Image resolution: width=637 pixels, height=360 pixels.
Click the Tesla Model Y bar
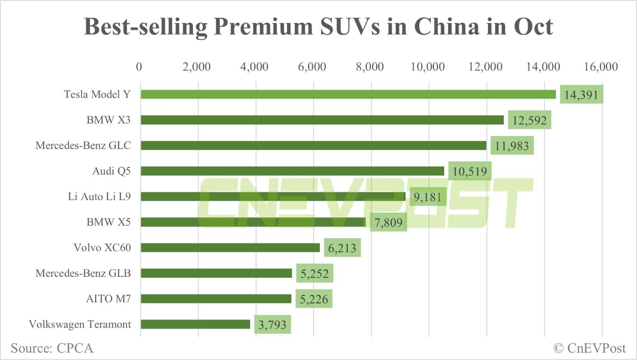point(348,94)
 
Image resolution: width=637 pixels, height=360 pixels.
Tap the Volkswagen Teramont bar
point(195,324)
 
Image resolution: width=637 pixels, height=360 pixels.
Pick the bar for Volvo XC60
point(230,247)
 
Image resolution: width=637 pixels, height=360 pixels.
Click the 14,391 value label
point(581,95)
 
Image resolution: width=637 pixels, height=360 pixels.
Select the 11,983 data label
point(512,146)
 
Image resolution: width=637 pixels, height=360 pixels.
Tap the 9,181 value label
point(428,197)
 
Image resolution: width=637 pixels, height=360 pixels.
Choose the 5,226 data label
point(314,299)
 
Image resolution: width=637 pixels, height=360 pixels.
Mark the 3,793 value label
point(272,325)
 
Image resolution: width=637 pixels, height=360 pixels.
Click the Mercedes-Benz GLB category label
point(83,273)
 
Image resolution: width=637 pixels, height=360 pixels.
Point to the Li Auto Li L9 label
point(99,197)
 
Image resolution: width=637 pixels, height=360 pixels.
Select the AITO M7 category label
point(108,299)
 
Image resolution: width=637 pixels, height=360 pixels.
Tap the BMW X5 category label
point(108,222)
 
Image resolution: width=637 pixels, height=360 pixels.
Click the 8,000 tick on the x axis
point(370,67)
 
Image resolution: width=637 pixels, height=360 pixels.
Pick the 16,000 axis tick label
point(600,67)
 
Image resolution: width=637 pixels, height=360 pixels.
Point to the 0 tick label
point(139,67)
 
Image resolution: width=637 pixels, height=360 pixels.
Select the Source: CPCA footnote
point(52,348)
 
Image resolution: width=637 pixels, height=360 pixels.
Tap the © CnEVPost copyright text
point(589,348)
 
